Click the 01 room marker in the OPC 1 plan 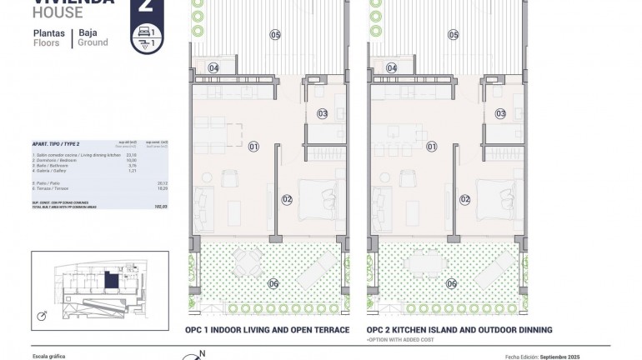(254, 147)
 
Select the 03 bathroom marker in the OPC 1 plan (322, 113)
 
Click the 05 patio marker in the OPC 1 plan (275, 34)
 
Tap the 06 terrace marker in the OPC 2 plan (451, 283)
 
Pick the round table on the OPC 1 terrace (248, 262)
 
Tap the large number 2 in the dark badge (147, 7)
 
